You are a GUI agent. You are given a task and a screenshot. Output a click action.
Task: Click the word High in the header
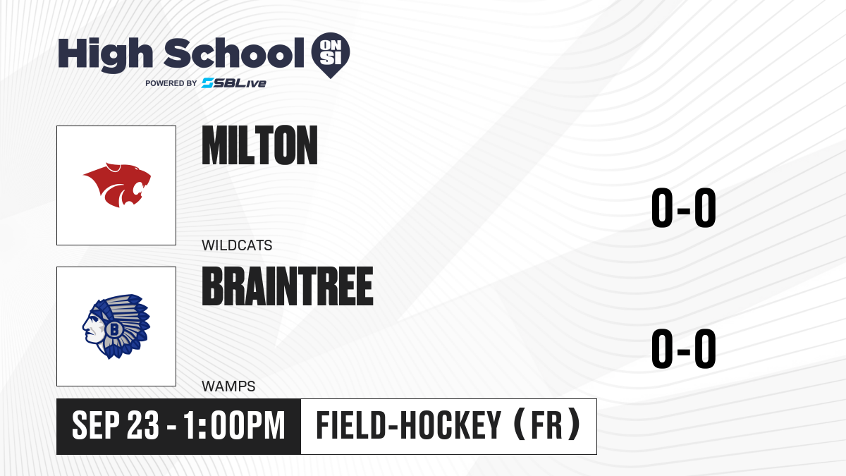[x=105, y=54]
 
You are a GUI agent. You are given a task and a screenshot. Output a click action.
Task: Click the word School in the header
[x=234, y=53]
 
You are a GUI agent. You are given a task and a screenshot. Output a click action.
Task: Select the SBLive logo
[x=233, y=83]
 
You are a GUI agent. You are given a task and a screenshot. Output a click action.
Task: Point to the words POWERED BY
[x=171, y=83]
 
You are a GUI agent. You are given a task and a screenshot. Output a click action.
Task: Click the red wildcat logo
[x=117, y=185]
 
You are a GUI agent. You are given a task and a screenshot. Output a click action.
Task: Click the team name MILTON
[x=260, y=145]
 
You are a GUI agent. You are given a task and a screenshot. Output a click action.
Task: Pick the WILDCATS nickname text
[x=237, y=245]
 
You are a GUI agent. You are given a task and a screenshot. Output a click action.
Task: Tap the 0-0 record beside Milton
[x=684, y=208]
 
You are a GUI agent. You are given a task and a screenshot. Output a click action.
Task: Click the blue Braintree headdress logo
[x=116, y=327]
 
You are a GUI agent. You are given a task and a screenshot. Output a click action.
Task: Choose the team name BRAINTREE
[x=288, y=286]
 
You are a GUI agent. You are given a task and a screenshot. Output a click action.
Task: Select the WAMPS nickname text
[x=228, y=386]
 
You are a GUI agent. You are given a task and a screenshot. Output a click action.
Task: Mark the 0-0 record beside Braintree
[x=684, y=348]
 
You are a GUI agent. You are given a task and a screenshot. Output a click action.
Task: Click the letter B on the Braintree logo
[x=114, y=329]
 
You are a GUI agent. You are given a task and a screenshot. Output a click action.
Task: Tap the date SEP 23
[x=116, y=425]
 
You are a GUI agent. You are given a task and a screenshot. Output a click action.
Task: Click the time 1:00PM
[x=234, y=425]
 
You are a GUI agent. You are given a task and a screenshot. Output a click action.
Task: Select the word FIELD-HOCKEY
[x=409, y=425]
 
